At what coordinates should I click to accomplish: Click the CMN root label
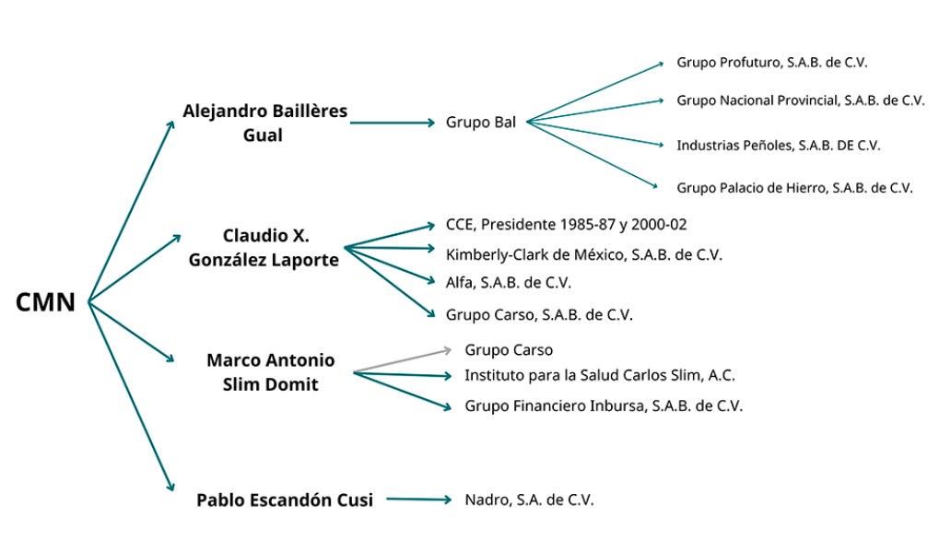coord(46,302)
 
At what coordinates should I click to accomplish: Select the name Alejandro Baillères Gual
coord(265,123)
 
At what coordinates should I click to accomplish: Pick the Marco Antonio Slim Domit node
coord(270,371)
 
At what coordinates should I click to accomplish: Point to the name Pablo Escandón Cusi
coord(285,500)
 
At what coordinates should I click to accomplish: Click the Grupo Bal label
coord(481,122)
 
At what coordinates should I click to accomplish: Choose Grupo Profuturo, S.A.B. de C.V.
coord(772,63)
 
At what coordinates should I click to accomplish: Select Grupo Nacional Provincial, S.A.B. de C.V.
coord(800,100)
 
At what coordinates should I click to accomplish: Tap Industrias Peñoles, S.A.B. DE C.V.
coord(778,145)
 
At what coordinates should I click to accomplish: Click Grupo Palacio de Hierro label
coord(794,187)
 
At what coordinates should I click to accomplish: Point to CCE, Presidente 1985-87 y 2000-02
coord(566,224)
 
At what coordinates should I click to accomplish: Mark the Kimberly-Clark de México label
coord(583,253)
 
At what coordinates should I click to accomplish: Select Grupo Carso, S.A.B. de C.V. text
coord(539,314)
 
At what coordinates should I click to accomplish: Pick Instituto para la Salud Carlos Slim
coord(599,375)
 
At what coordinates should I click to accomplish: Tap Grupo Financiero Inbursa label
coord(603,406)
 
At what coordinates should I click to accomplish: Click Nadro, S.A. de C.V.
coord(529,500)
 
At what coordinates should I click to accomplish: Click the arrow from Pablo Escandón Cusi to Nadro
coord(419,500)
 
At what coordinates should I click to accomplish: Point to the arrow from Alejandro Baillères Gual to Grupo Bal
coord(392,122)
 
